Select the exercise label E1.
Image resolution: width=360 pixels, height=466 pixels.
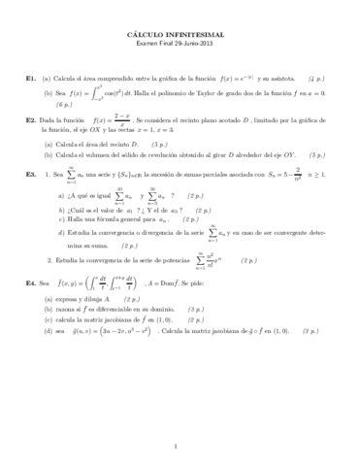point(32,76)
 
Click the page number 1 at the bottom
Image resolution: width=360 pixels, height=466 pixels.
point(180,446)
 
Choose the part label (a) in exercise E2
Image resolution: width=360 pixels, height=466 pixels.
point(48,143)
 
